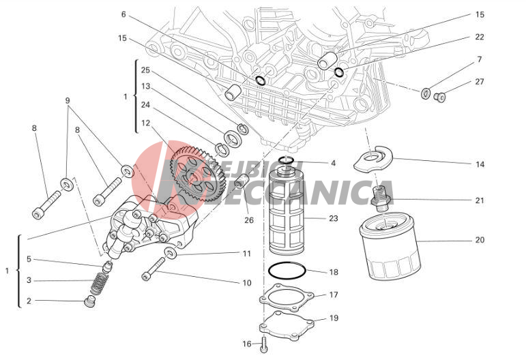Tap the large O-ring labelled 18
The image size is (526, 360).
pyautogui.click(x=286, y=270)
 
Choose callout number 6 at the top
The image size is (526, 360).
pyautogui.click(x=123, y=14)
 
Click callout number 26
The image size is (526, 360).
pyautogui.click(x=249, y=220)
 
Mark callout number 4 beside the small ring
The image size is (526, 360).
pyautogui.click(x=333, y=163)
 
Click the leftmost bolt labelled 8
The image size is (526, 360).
pyautogui.click(x=45, y=204)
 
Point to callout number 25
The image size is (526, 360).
pyautogui.click(x=145, y=70)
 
